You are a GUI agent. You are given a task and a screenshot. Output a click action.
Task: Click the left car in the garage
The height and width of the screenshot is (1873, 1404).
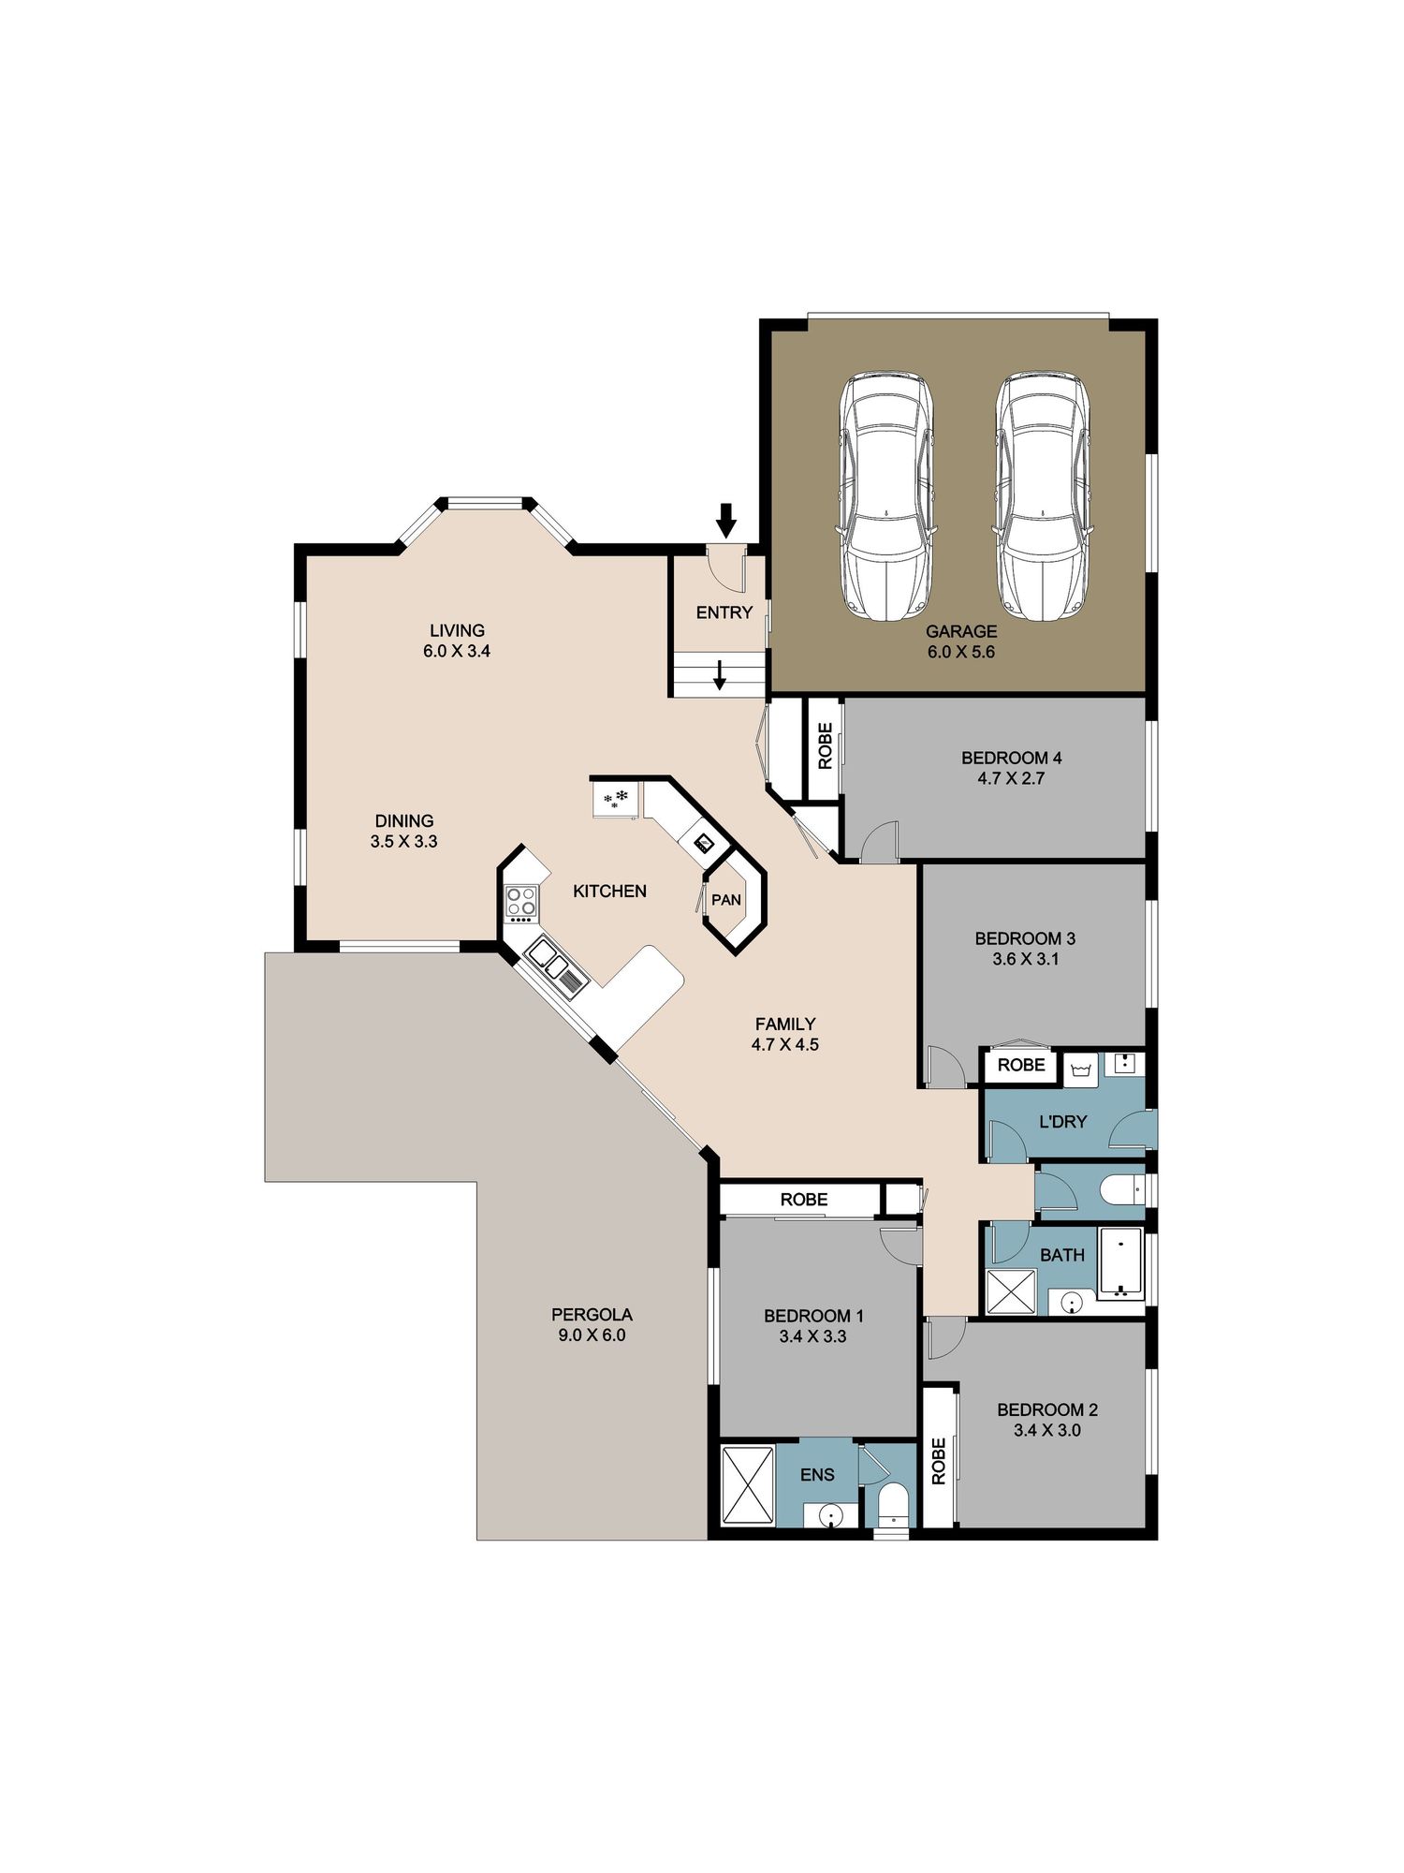886,495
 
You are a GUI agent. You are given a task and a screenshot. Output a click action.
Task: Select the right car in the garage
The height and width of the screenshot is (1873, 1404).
1043,495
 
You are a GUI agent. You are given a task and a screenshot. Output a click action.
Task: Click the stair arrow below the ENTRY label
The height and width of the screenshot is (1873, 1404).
720,674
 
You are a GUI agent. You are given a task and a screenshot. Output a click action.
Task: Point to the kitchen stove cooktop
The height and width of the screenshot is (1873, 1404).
521,901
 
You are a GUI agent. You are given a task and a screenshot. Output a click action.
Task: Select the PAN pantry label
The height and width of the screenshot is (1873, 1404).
726,900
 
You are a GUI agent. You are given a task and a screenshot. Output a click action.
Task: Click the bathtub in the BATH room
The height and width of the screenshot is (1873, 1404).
1120,1264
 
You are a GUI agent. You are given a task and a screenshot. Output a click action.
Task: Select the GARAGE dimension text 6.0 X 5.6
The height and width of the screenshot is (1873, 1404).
961,652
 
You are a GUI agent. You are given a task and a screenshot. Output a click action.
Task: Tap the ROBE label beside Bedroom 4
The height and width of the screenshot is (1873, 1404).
825,745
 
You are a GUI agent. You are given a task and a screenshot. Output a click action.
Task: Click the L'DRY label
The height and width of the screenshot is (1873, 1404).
1062,1121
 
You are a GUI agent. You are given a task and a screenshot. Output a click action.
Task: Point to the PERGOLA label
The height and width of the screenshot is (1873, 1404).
592,1315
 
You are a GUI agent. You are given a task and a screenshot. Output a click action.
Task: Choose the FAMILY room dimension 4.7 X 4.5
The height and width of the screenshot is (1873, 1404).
784,1044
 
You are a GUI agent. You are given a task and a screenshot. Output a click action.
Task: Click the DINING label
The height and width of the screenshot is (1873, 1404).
404,820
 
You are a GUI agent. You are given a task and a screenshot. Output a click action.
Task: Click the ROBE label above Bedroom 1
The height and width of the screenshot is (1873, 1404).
804,1199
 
